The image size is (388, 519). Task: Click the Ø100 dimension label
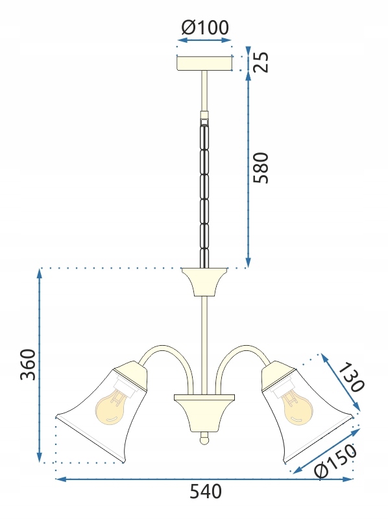point(205,27)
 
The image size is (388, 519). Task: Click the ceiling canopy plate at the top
point(204,63)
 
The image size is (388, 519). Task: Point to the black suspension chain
point(204,188)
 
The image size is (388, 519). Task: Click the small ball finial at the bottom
point(204,439)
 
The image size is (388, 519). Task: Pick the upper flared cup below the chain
point(204,281)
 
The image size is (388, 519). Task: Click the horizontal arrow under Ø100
point(204,40)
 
